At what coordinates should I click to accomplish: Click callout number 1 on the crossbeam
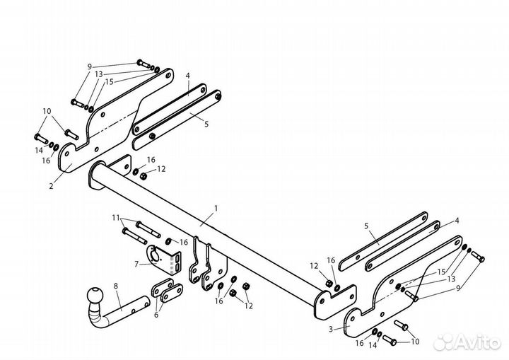point(216,208)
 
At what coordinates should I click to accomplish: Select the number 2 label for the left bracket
point(52,186)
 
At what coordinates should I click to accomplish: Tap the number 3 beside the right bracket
point(331,329)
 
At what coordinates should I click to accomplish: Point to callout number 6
point(156,315)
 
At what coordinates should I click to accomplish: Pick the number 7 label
point(136,264)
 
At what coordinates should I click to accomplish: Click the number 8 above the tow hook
point(116,286)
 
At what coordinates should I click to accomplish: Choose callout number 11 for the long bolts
point(116,218)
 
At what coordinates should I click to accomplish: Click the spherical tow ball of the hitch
point(95,296)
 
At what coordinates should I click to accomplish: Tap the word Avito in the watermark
point(479,343)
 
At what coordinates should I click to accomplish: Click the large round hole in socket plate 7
point(156,255)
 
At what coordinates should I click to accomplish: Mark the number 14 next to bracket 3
point(373,345)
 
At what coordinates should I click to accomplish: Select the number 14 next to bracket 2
point(39,151)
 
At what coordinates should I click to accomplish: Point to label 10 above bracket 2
point(47,111)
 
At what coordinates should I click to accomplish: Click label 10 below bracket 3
point(415,342)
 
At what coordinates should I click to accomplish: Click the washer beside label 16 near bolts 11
point(169,241)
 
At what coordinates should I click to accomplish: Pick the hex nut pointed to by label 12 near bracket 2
point(143,176)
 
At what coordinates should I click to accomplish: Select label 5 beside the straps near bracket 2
point(206,124)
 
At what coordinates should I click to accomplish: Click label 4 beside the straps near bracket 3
point(457,221)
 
